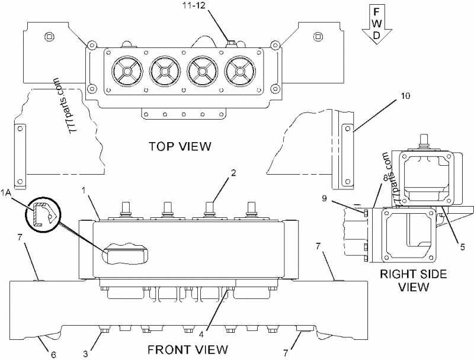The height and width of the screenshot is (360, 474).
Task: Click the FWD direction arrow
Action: click(x=376, y=24)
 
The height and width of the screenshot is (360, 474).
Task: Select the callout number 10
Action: click(x=405, y=95)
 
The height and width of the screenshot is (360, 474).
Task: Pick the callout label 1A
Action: click(x=7, y=193)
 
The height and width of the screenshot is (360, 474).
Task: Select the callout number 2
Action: click(x=234, y=173)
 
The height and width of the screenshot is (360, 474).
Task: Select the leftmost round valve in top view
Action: click(x=126, y=72)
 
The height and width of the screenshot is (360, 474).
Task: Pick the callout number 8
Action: click(x=385, y=177)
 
